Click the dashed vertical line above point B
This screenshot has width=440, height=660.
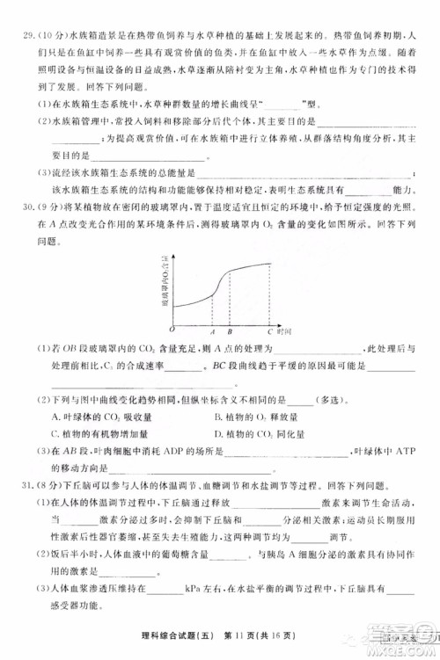[230, 299]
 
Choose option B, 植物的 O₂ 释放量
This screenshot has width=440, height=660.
[256, 417]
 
